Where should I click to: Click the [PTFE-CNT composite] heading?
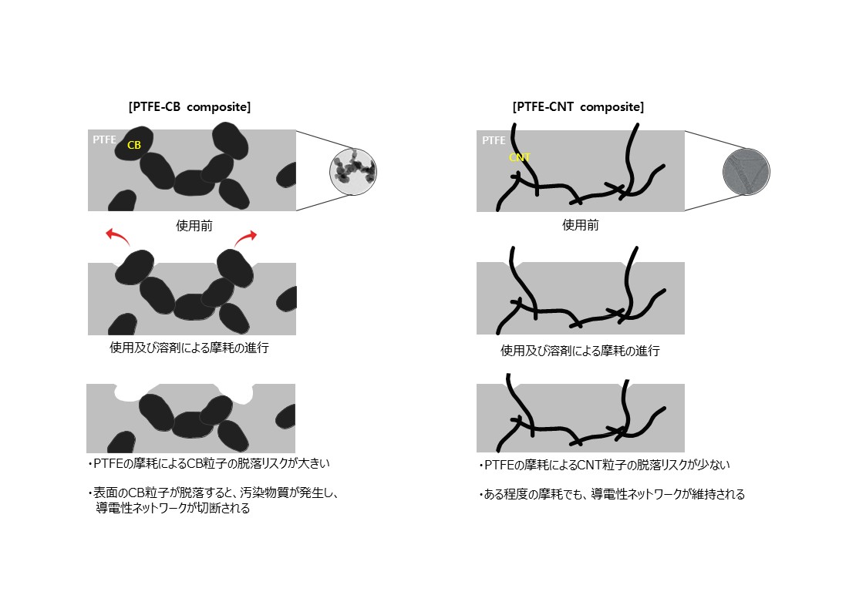click(578, 107)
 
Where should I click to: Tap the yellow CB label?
click(134, 144)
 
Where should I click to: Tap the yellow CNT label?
click(520, 158)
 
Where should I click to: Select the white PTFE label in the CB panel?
click(104, 140)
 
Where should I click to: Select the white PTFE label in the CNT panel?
click(494, 141)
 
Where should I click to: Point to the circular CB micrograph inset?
click(353, 170)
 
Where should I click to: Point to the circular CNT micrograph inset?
click(746, 172)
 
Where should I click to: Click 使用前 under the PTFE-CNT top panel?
click(580, 226)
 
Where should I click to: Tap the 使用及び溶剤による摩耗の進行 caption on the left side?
click(190, 348)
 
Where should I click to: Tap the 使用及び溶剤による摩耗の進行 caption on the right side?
click(580, 351)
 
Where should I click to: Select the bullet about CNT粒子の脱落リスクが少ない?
click(604, 466)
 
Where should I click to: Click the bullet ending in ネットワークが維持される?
click(612, 495)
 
